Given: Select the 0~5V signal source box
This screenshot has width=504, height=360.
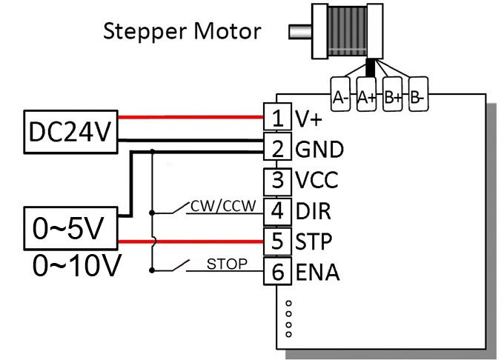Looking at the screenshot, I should point(71,229).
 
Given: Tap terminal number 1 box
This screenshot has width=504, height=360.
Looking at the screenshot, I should point(277,118).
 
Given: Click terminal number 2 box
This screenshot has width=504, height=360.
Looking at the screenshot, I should point(277,149).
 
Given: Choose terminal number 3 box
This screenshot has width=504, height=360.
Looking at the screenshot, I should point(277,180).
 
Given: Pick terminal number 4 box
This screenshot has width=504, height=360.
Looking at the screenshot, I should point(277,211).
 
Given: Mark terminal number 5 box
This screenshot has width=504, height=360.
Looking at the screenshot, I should point(277,241).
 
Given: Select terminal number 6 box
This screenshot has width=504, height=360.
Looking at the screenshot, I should point(277,273).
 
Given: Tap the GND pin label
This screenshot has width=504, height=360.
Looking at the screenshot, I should point(319,149).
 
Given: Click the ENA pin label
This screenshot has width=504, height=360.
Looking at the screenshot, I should point(317,273).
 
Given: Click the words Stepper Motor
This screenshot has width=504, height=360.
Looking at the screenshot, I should point(182,32).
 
